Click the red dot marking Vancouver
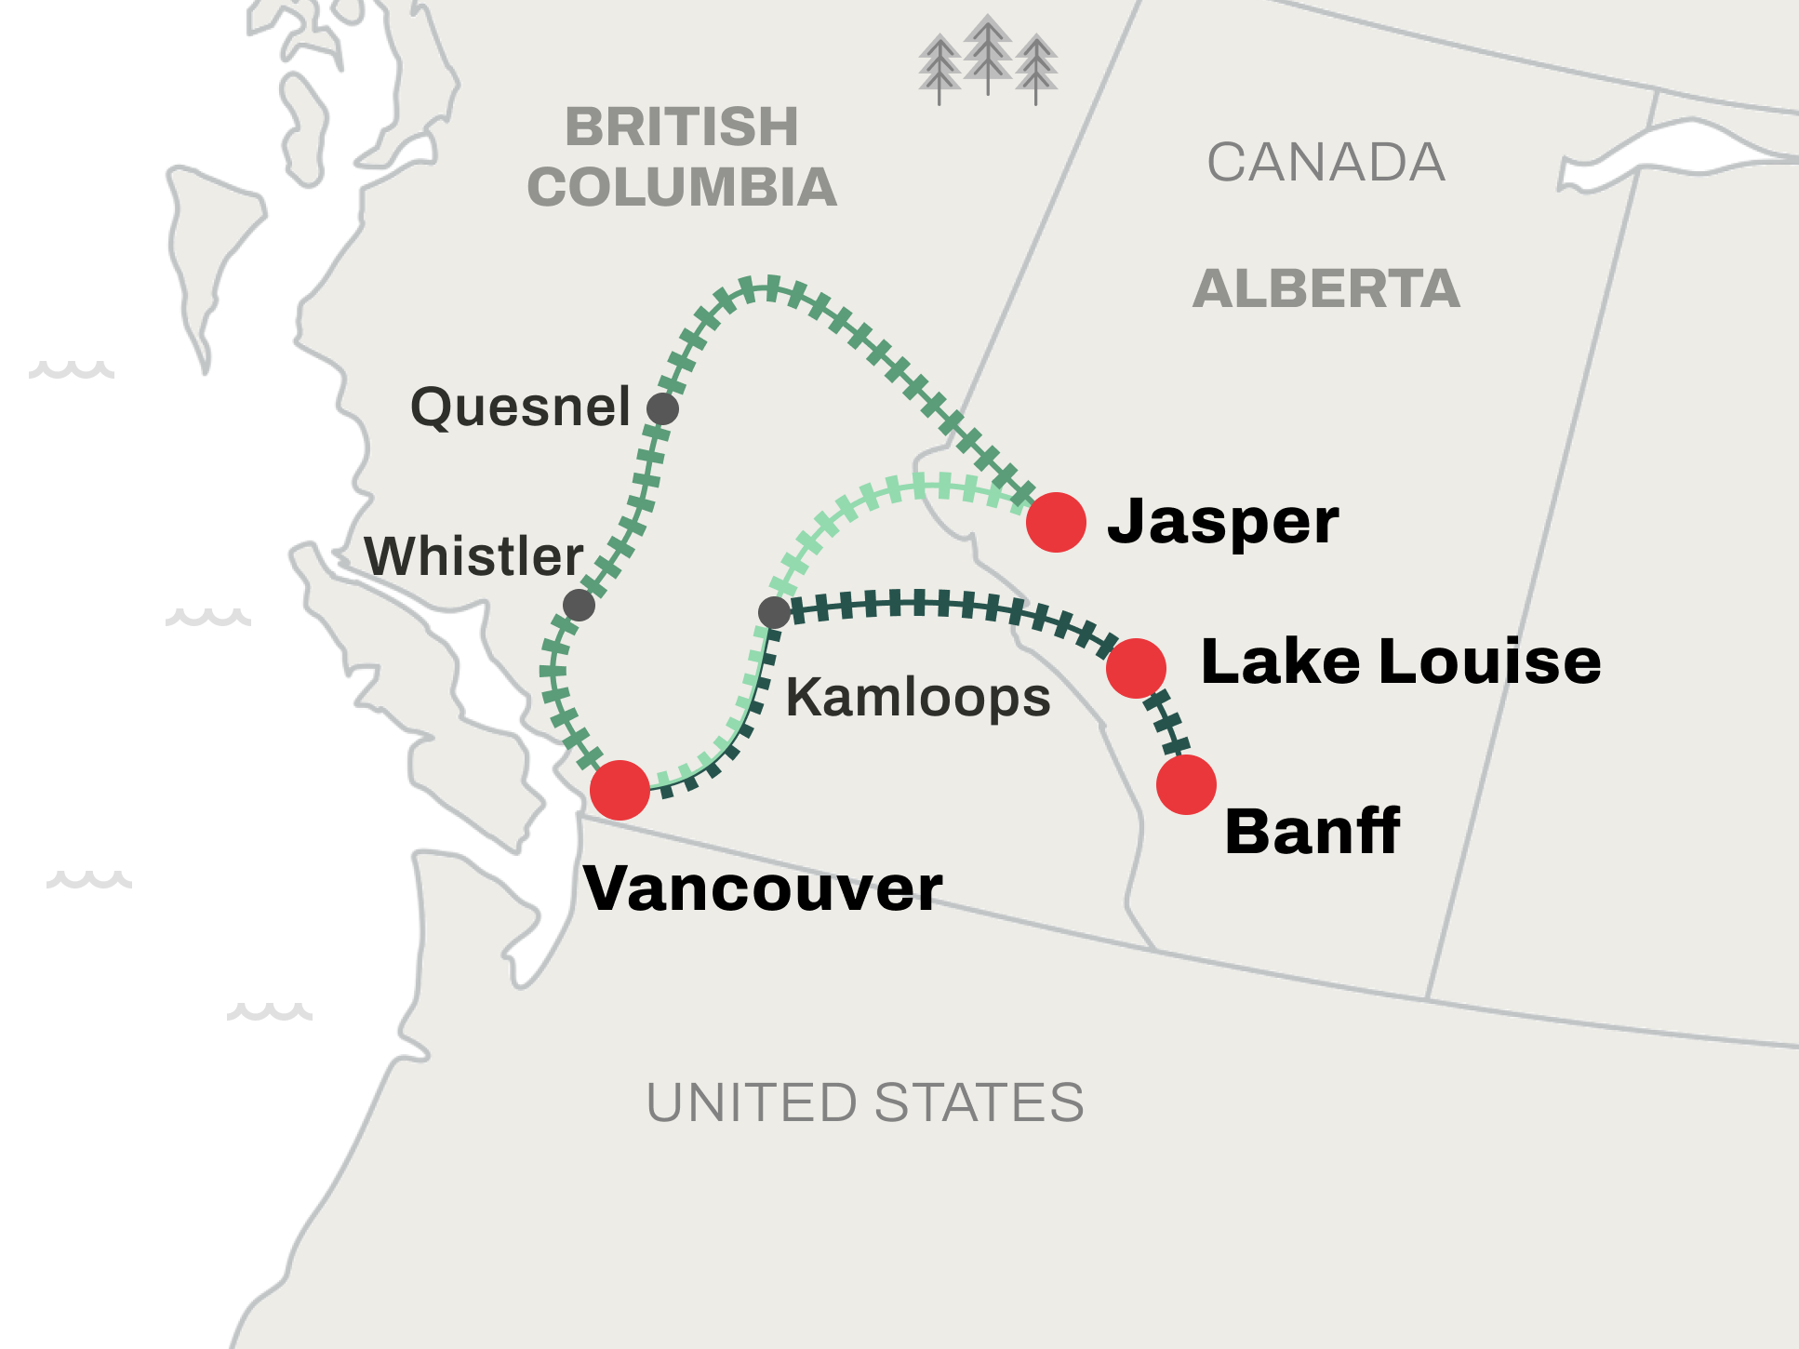[620, 790]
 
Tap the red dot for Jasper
[1056, 522]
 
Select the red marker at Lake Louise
[1136, 668]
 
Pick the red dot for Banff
[1186, 784]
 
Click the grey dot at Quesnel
[662, 408]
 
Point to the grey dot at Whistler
[579, 605]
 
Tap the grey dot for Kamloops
[774, 612]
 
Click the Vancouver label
[763, 888]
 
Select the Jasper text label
[1222, 522]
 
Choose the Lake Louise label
[1401, 661]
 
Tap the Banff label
[1312, 831]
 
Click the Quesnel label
[521, 407]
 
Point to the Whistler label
[473, 556]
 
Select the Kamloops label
[918, 697]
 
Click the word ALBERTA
[1326, 288]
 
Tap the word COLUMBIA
[682, 187]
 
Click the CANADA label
[1326, 163]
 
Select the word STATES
[979, 1102]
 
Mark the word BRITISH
[682, 127]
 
